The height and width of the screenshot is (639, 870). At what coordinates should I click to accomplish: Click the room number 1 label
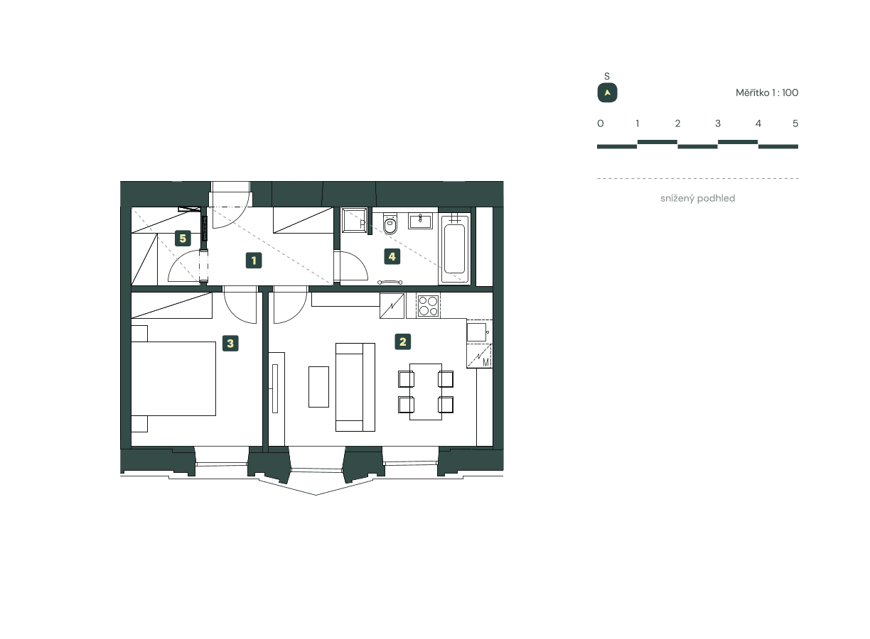253,261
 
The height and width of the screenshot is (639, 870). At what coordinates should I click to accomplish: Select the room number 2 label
403,342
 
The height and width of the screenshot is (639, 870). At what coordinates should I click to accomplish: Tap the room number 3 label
230,344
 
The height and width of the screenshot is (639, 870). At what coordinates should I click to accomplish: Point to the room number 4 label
391,256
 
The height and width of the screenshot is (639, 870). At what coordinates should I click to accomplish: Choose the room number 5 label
183,239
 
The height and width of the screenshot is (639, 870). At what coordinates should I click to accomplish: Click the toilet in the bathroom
390,225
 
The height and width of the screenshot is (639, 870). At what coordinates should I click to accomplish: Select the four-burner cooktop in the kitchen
428,305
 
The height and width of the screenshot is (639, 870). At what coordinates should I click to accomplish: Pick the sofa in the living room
355,387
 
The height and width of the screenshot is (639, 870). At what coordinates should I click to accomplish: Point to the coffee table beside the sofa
318,386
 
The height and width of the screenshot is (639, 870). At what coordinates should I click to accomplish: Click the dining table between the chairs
426,391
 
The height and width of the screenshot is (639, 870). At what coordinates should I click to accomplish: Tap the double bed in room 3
174,378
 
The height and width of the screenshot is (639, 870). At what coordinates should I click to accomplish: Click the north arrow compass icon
607,93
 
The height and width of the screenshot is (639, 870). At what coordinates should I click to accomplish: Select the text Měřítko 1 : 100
767,93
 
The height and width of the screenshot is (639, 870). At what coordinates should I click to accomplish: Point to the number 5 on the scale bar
795,124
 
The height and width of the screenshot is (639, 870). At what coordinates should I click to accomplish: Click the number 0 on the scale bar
601,124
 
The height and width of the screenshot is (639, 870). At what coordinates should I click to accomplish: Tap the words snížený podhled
697,199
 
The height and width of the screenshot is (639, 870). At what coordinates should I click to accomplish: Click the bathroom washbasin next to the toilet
420,220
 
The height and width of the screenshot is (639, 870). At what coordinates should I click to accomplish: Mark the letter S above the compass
607,76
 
